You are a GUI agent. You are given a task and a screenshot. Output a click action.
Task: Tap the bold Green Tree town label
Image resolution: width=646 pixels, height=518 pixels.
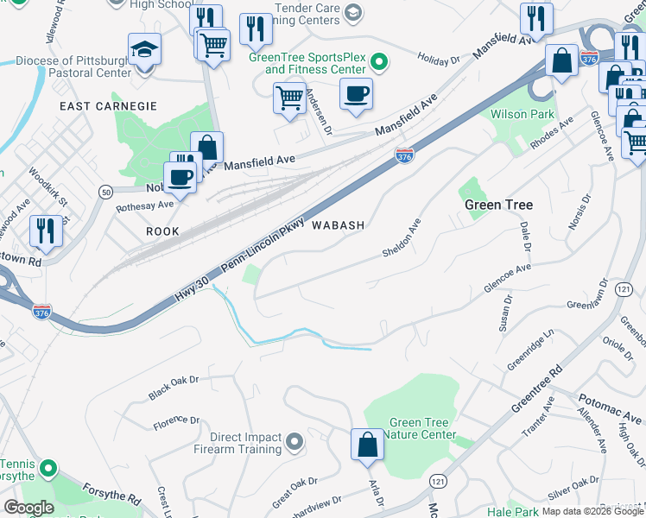498,205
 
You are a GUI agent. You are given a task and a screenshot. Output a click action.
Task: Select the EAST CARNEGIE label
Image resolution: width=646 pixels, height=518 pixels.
109,105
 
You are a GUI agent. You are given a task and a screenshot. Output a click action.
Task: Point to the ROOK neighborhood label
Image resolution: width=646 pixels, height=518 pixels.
162,231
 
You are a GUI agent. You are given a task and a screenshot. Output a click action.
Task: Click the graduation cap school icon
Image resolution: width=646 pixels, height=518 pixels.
145,51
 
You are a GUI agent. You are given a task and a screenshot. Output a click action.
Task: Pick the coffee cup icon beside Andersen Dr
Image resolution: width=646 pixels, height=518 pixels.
356,94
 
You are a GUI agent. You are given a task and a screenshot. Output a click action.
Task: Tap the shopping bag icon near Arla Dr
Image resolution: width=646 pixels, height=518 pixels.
367,445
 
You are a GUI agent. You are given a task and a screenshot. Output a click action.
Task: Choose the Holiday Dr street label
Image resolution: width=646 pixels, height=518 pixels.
439,60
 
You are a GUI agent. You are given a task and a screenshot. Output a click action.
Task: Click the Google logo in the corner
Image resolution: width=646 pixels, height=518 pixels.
28,508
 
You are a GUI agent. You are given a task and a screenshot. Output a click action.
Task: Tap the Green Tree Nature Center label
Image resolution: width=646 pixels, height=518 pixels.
423,429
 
